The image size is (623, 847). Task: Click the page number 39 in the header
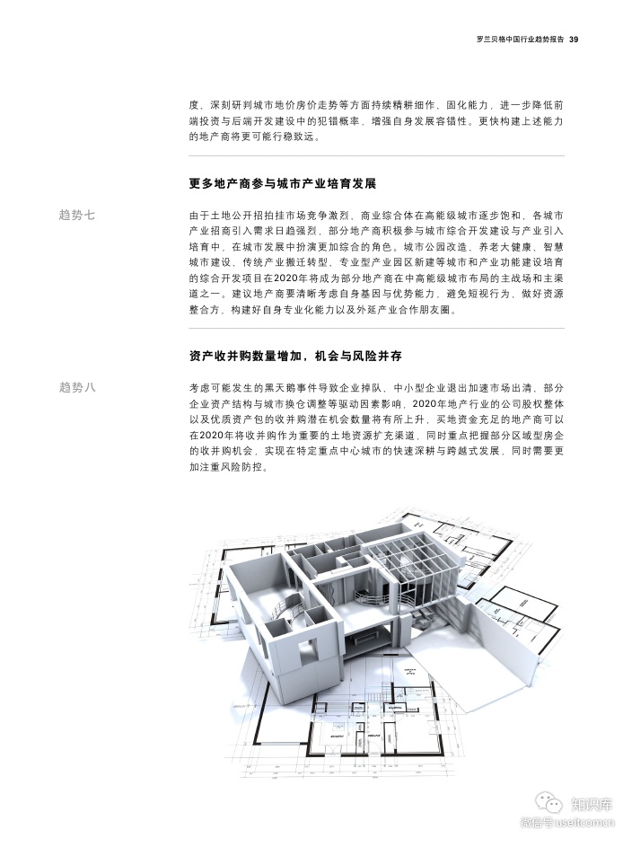(x=574, y=40)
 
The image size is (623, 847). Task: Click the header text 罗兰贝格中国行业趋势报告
(x=521, y=40)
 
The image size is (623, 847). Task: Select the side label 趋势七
(x=76, y=215)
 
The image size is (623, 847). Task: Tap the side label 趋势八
(x=76, y=387)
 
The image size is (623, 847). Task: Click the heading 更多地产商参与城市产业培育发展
(x=283, y=183)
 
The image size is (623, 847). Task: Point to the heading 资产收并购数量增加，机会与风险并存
(x=295, y=356)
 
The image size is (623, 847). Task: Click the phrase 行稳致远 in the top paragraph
(x=295, y=137)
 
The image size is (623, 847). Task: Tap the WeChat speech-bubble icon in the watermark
(x=548, y=805)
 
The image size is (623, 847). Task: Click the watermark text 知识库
(x=592, y=805)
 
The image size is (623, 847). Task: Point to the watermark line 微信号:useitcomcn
(x=568, y=825)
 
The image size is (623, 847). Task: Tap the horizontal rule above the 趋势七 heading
(x=376, y=156)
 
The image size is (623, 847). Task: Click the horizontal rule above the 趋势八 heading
(x=376, y=328)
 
